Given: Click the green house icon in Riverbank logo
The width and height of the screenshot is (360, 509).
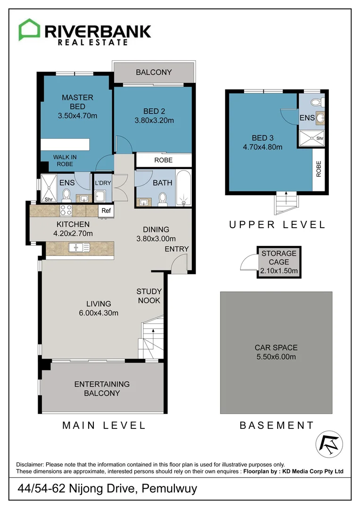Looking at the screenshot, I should (29, 30).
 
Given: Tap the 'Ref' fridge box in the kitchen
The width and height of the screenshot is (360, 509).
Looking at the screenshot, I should (105, 211).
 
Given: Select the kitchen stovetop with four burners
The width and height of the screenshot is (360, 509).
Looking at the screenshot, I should (66, 210).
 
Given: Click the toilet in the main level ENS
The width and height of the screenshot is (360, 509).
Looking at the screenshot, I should (66, 195).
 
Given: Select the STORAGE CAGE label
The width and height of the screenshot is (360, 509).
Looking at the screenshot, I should (279, 257).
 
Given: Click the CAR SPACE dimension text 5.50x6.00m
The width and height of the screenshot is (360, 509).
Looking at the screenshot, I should (276, 357).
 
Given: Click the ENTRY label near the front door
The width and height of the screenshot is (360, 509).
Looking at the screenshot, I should (177, 249).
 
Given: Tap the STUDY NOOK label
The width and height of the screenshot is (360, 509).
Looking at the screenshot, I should (149, 296).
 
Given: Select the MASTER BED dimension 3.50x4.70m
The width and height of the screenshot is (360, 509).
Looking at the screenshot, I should (78, 115).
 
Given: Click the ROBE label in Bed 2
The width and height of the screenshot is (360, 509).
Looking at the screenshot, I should (164, 160).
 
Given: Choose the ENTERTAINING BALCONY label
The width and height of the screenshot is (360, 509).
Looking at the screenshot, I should (102, 388).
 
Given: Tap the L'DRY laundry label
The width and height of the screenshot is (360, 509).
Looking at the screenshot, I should (102, 183).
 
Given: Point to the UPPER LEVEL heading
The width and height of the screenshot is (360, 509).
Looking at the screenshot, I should (277, 225).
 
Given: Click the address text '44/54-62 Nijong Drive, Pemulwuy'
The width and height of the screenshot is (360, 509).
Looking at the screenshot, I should (107, 489).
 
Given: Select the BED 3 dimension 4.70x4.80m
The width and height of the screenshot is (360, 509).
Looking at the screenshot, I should (262, 147).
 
